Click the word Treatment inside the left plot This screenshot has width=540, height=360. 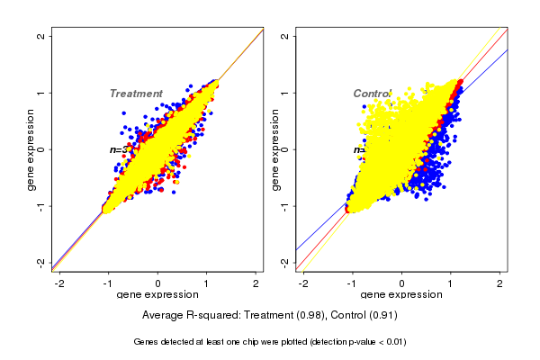point(136,94)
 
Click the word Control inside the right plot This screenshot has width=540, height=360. point(372,94)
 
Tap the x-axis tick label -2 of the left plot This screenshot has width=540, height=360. point(61,284)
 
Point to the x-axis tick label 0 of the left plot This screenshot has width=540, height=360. point(158,284)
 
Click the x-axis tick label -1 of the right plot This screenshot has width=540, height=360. point(353,284)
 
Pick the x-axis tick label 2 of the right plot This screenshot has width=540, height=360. point(499,284)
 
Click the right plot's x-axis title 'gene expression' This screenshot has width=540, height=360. point(401,295)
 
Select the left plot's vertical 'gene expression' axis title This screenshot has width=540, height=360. point(31,149)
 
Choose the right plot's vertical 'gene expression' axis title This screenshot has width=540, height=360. point(274,149)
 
